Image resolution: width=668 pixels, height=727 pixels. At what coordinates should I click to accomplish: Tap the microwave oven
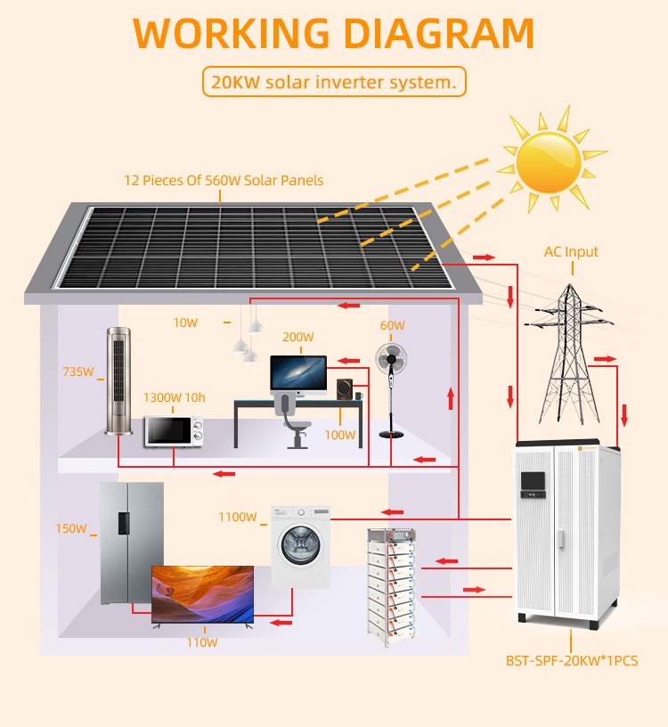[x=174, y=431]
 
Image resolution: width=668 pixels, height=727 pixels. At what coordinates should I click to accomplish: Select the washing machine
[x=301, y=547]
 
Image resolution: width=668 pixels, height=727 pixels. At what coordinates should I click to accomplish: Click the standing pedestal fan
[x=391, y=389]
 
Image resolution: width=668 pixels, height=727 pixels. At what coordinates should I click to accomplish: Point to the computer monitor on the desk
[x=298, y=374]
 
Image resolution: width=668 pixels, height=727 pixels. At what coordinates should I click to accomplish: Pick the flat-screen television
[x=203, y=595]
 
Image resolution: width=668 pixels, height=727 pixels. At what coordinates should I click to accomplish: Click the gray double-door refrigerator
[x=132, y=543]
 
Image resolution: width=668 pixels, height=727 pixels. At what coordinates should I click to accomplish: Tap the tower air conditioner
[x=118, y=381]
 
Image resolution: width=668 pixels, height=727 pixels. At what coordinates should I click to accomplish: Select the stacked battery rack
[x=391, y=587]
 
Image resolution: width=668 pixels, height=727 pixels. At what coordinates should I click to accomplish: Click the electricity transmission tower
[x=569, y=355]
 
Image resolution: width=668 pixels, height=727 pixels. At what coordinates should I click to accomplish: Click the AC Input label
[x=571, y=252]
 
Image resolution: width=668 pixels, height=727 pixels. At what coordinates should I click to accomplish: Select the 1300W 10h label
[x=175, y=397]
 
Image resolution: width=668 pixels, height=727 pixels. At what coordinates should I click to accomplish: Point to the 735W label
[x=78, y=372]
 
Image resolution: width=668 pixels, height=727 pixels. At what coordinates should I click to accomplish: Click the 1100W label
[x=238, y=517]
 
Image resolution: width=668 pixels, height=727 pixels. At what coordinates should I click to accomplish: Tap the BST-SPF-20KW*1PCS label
[x=572, y=660]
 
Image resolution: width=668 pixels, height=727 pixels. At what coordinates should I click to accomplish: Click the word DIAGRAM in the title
[x=438, y=33]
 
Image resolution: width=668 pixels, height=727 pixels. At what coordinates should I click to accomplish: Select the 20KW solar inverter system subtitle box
[x=334, y=82]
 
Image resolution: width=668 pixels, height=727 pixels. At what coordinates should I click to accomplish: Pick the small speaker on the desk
[x=345, y=389]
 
